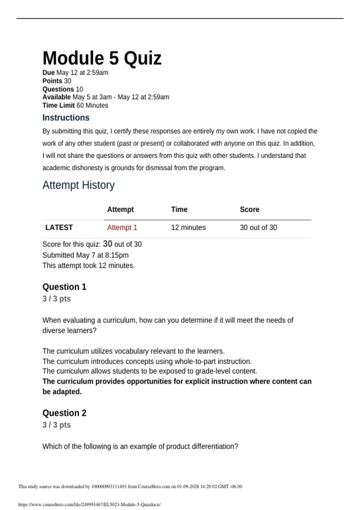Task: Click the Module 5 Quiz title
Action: (x=102, y=58)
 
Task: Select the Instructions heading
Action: (x=66, y=118)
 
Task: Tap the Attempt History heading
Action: (x=78, y=185)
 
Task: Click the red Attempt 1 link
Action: (x=122, y=227)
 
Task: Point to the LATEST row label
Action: (x=59, y=227)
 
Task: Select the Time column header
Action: (x=179, y=209)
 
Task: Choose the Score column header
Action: (x=249, y=209)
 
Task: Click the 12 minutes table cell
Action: (x=188, y=227)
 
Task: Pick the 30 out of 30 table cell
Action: (x=258, y=227)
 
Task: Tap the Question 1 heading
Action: (x=64, y=287)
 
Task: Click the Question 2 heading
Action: (x=64, y=413)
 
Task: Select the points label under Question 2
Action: (x=56, y=425)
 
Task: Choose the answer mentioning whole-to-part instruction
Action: (x=147, y=361)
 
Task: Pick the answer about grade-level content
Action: (x=150, y=371)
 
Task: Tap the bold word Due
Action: (x=48, y=73)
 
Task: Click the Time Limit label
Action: (x=58, y=105)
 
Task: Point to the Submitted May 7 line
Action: (x=85, y=255)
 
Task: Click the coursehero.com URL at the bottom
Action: (x=89, y=504)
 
